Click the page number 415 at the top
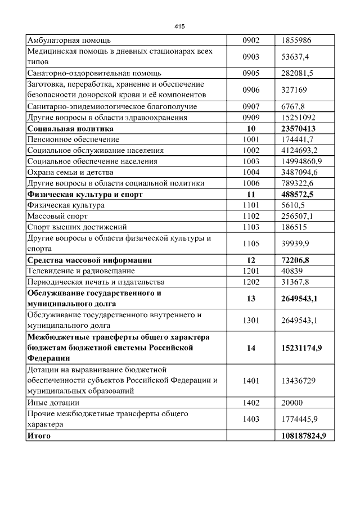(x=179, y=26)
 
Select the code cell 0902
(x=251, y=40)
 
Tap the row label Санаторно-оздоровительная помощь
(x=94, y=73)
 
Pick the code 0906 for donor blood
(x=251, y=89)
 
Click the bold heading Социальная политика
(x=70, y=128)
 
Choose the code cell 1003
(x=251, y=161)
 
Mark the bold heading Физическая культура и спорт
(x=85, y=194)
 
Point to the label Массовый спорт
(x=58, y=215)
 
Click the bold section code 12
(x=251, y=260)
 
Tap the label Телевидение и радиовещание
(x=82, y=271)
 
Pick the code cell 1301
(x=251, y=320)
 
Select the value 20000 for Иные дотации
(x=292, y=403)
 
